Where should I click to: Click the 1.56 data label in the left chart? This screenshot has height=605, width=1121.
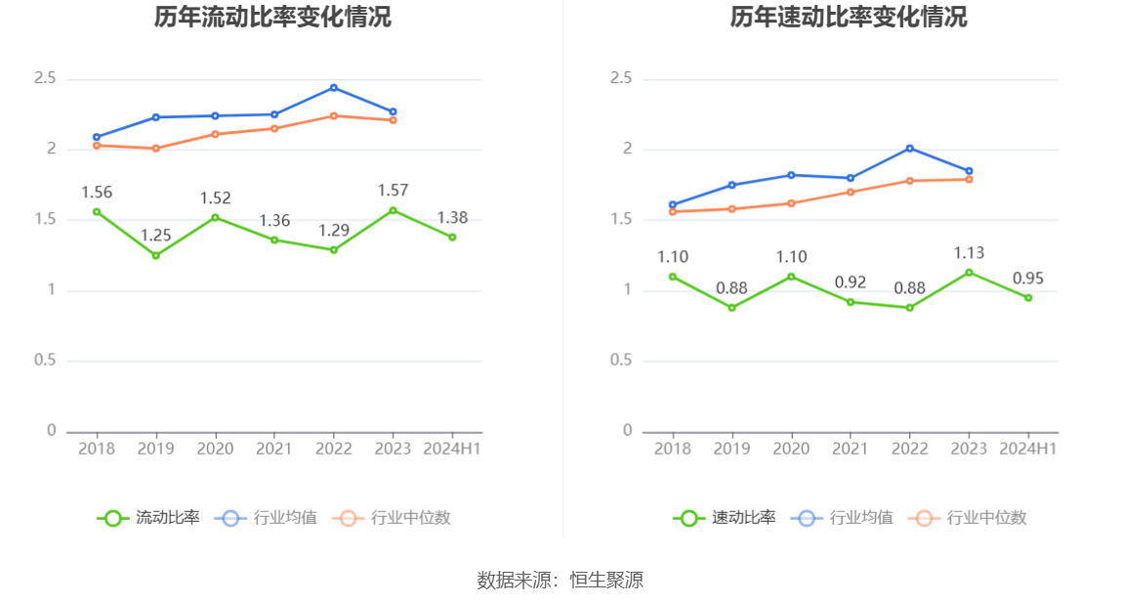[97, 193]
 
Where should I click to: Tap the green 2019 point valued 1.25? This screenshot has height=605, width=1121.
[155, 255]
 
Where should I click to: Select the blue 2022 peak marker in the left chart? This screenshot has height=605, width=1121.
[334, 88]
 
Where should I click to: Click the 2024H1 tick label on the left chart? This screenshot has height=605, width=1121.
[452, 449]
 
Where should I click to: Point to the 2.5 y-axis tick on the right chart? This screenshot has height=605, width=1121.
[621, 78]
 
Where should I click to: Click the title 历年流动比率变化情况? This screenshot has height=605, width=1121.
[272, 18]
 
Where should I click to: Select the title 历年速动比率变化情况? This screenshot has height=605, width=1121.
[849, 18]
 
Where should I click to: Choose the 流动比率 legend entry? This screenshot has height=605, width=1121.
[148, 518]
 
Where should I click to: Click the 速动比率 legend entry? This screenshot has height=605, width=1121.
[725, 518]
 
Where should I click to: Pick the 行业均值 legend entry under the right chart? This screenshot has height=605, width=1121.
[846, 518]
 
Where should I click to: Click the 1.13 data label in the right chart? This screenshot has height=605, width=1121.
[969, 253]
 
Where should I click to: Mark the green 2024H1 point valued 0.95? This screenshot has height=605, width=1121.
[1028, 297]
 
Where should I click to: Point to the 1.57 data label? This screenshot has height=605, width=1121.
[394, 191]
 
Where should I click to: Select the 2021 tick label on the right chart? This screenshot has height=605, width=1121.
[851, 449]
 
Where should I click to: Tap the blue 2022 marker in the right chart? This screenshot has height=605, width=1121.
[910, 149]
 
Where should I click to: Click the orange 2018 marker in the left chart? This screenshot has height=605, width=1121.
[97, 146]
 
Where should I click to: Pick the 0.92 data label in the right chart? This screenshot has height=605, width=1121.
[851, 282]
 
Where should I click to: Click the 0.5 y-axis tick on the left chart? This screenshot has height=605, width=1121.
[46, 361]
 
